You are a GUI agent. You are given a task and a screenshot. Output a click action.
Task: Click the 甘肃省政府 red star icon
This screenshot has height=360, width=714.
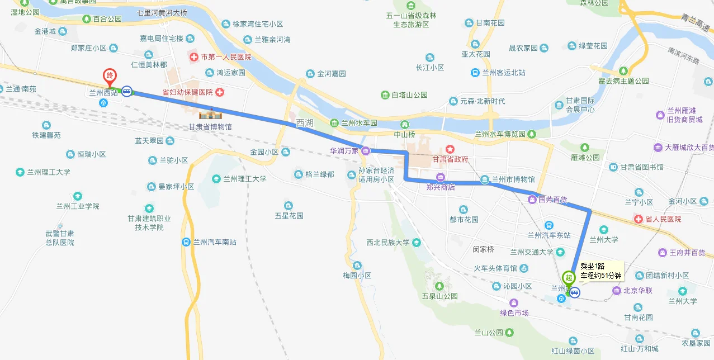click(450, 149)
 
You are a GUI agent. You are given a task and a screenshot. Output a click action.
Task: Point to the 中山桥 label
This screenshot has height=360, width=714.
click(404, 134)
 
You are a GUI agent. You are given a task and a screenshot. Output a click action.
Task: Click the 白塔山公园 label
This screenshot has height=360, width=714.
click(409, 95)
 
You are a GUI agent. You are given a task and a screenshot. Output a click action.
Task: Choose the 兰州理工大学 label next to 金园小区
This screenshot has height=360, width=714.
click(245, 179)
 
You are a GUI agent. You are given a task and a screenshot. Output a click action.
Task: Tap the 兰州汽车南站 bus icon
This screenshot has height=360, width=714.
click(186, 242)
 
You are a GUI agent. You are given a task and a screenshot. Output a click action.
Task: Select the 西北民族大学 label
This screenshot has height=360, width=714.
click(388, 243)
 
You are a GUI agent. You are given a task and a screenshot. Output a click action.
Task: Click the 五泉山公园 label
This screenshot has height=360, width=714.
click(440, 296)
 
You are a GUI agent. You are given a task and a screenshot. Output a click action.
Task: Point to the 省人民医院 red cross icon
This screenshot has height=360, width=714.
click(639, 219)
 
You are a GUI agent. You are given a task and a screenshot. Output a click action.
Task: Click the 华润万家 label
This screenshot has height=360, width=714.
click(344, 150)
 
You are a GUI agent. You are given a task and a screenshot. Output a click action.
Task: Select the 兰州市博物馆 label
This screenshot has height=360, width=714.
click(513, 179)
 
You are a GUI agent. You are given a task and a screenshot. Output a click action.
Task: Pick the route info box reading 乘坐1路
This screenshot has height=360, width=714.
click(600, 271)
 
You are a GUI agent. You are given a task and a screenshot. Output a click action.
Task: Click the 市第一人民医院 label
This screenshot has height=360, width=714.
click(226, 57)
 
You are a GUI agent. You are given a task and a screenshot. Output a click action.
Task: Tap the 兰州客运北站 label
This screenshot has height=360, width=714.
click(503, 73)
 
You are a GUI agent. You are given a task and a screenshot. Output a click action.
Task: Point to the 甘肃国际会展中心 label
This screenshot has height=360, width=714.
click(580, 105)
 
